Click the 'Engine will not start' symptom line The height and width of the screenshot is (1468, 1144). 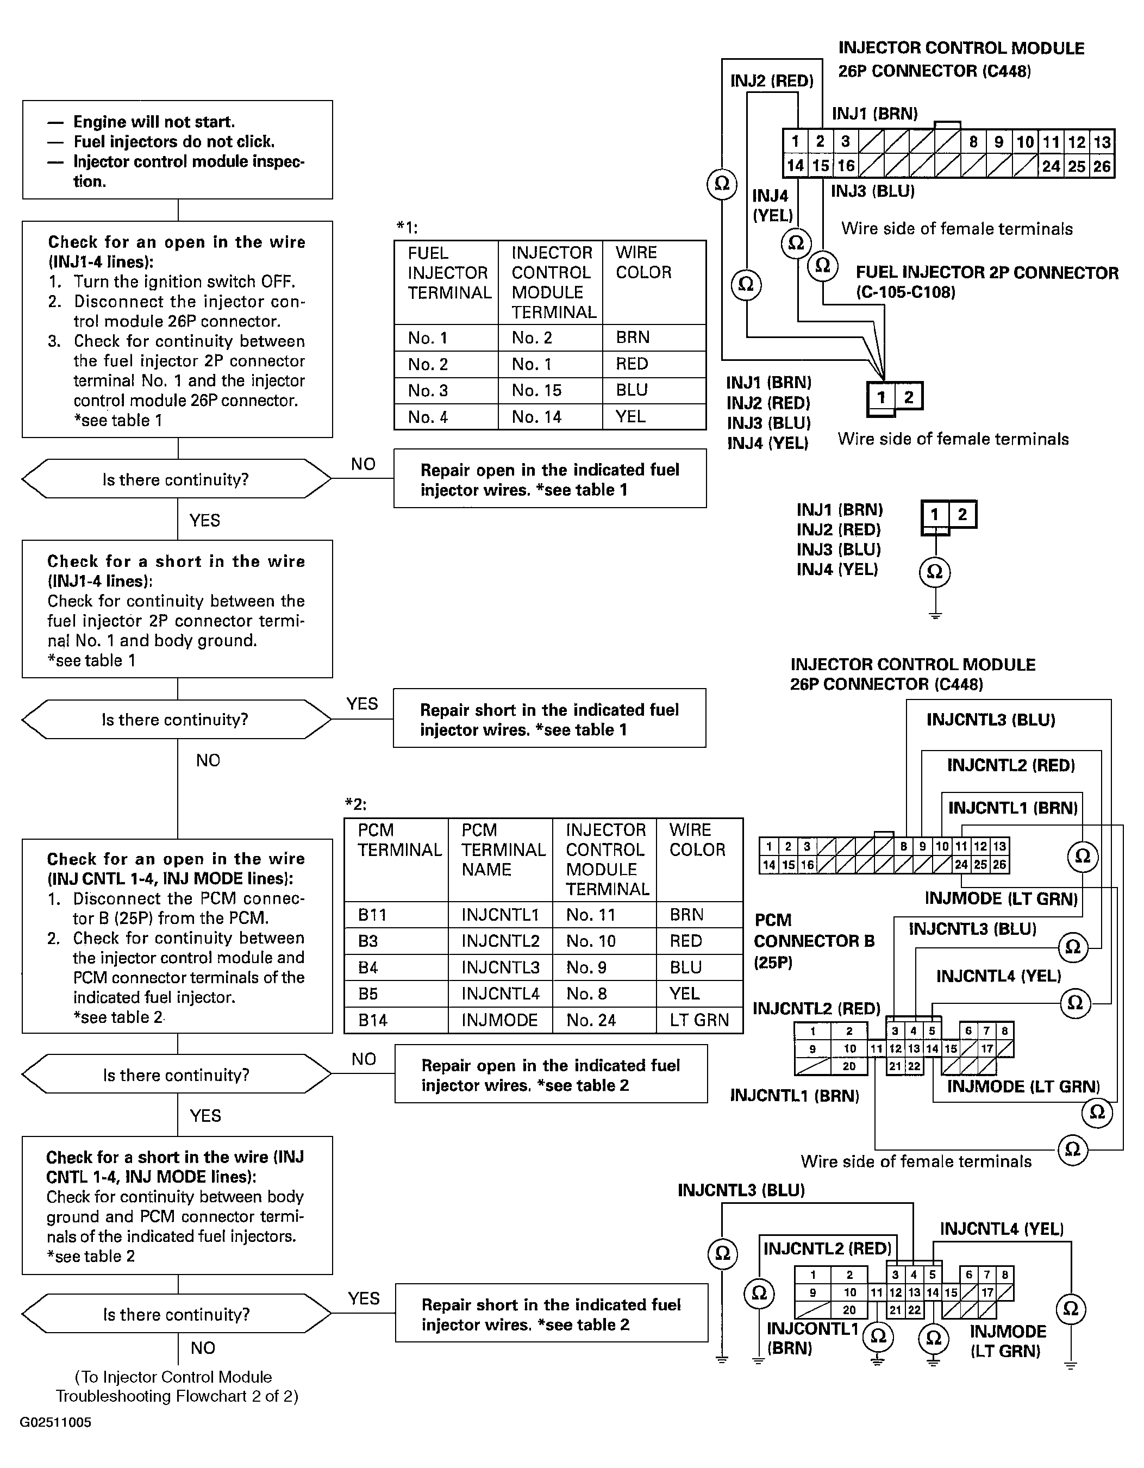pyautogui.click(x=154, y=122)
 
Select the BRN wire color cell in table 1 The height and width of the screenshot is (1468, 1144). pyautogui.click(x=654, y=338)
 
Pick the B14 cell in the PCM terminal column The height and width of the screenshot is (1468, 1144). pyautogui.click(x=396, y=1020)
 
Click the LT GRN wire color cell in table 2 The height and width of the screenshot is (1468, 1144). pyautogui.click(x=699, y=1020)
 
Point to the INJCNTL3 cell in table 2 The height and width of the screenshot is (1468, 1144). pyautogui.click(x=500, y=967)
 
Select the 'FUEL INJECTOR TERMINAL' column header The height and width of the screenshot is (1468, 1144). pyautogui.click(x=446, y=282)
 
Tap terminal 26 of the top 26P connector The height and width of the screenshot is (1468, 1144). pyautogui.click(x=1102, y=166)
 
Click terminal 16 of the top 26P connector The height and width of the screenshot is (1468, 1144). pyautogui.click(x=846, y=166)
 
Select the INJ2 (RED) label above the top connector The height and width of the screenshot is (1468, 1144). pyautogui.click(x=772, y=82)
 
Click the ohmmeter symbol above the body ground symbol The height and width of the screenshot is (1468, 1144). pyautogui.click(x=935, y=571)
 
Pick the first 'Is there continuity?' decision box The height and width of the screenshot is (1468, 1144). pyautogui.click(x=177, y=479)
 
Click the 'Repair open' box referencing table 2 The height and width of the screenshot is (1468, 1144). pyautogui.click(x=551, y=1074)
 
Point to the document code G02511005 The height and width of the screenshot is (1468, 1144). pyautogui.click(x=56, y=1422)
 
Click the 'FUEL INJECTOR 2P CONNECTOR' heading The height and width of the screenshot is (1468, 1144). pyautogui.click(x=987, y=273)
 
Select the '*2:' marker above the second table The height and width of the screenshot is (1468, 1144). pyautogui.click(x=355, y=804)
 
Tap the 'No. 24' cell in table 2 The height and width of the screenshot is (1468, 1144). pyautogui.click(x=604, y=1020)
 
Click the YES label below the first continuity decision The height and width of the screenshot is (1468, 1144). pyautogui.click(x=205, y=520)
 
